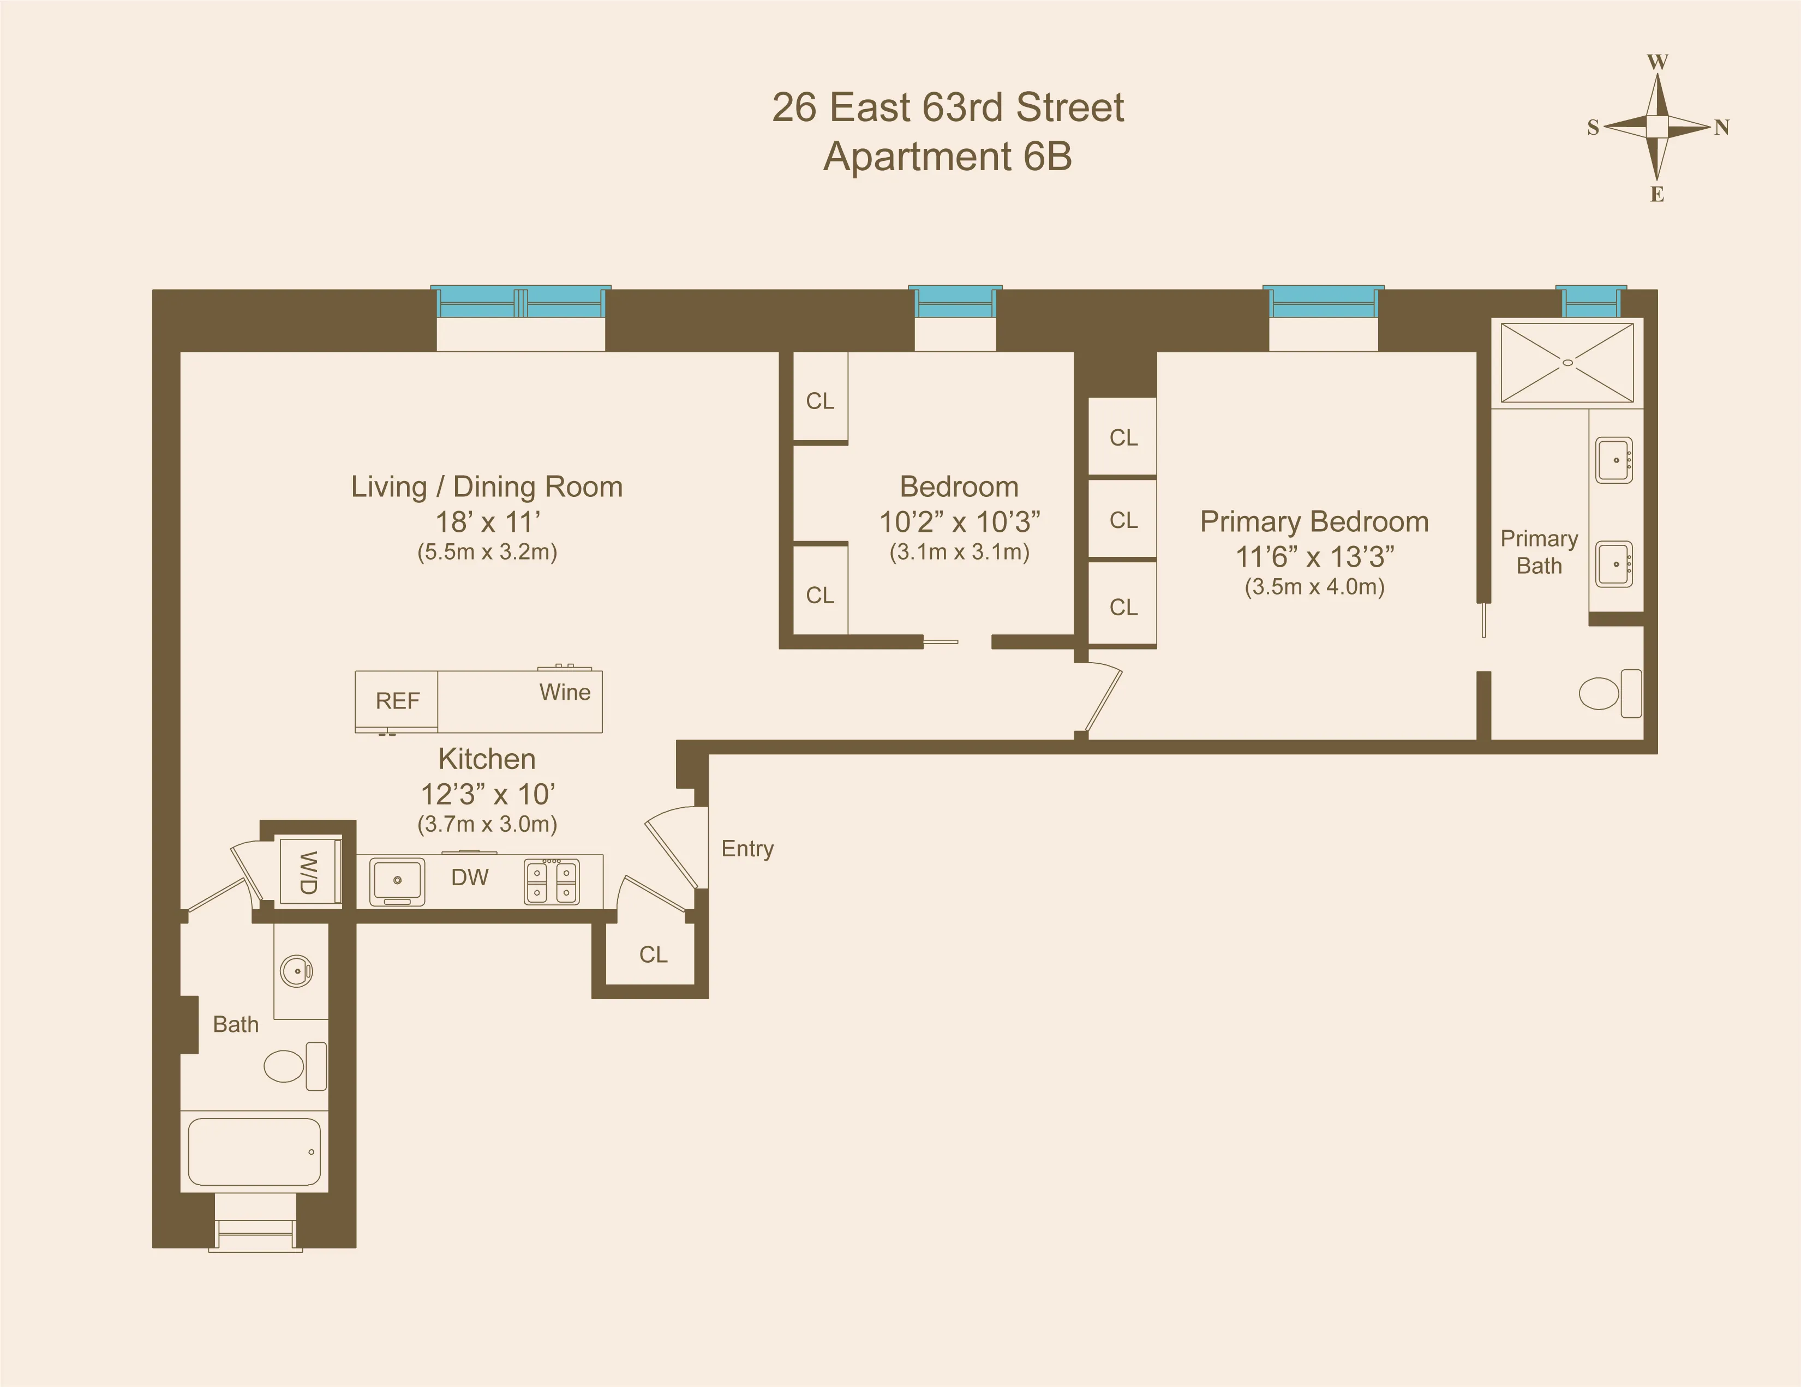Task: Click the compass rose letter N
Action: [x=1722, y=128]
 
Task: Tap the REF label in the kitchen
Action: [x=398, y=701]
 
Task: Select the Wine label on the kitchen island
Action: [x=565, y=692]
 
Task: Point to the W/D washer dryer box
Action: [x=308, y=873]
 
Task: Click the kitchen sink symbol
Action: [x=398, y=881]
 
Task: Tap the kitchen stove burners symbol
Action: [x=552, y=881]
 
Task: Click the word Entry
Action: [x=747, y=849]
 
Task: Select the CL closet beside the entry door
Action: [x=653, y=954]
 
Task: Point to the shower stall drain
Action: [x=1567, y=362]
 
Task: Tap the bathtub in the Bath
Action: [x=254, y=1151]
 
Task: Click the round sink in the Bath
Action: [x=296, y=970]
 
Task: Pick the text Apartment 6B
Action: [x=948, y=157]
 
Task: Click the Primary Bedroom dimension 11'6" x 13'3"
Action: [x=1314, y=557]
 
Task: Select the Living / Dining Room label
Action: [x=487, y=487]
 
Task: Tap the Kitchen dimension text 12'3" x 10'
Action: [x=487, y=794]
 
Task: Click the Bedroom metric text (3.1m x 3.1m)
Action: [x=959, y=551]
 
